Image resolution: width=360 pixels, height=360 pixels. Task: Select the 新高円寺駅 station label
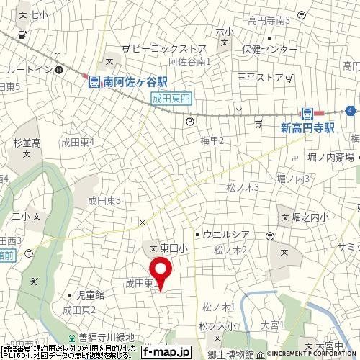tap(309, 127)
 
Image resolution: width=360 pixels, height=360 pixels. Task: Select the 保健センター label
tap(270, 50)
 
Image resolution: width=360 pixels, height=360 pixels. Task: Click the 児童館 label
tap(91, 294)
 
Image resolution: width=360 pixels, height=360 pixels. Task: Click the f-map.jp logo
tap(166, 353)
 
